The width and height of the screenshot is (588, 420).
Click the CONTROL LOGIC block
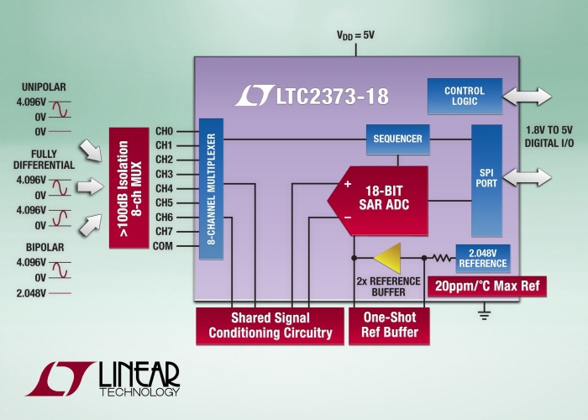[465, 96]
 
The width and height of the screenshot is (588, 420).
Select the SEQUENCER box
[398, 139]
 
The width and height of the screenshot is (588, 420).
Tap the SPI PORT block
[486, 180]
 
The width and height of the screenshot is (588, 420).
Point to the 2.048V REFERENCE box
[482, 258]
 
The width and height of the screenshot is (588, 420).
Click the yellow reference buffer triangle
[387, 258]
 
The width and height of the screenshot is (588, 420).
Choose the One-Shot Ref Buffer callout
[389, 326]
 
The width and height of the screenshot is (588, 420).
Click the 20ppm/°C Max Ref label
[488, 286]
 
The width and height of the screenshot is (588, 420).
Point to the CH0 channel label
[164, 132]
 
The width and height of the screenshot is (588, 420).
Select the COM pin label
[163, 246]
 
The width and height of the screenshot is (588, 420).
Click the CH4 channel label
[164, 189]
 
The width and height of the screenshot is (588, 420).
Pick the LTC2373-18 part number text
[323, 96]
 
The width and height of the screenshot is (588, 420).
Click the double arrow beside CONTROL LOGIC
[527, 97]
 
